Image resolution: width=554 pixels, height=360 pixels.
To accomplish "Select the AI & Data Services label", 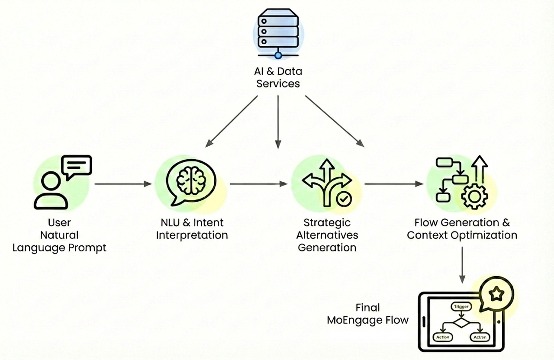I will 278,77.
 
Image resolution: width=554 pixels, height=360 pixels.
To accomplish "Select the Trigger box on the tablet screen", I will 460,306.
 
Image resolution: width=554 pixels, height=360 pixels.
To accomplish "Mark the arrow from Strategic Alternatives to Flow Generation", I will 393,184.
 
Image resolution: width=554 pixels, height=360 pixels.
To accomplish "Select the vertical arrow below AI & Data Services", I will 278,122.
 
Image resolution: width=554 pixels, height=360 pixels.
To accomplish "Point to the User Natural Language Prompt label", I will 59,235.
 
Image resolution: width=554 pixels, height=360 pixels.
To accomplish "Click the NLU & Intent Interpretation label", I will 192,229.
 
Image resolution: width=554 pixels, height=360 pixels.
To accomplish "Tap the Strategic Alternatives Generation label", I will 327,235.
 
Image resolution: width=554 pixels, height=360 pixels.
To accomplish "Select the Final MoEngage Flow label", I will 367,314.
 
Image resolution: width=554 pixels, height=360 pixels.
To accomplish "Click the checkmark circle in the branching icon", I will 345,199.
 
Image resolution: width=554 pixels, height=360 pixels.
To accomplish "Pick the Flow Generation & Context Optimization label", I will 462,229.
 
